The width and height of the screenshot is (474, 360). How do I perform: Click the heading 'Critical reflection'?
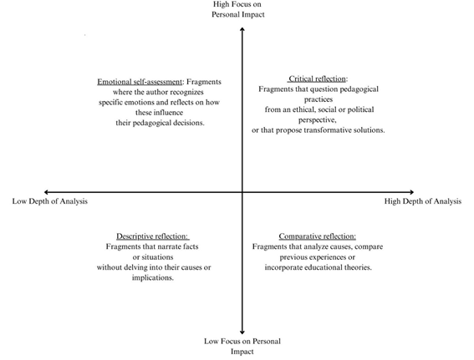(317, 79)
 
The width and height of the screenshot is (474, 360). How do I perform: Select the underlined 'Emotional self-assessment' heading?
(140, 82)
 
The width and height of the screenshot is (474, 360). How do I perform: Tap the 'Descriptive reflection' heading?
(152, 236)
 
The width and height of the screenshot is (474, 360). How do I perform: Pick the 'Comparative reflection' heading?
(317, 236)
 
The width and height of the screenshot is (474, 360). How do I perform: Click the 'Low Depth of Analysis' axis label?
(50, 201)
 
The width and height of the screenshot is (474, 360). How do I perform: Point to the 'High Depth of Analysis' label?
(423, 201)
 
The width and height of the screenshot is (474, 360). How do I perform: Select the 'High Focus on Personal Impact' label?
(238, 9)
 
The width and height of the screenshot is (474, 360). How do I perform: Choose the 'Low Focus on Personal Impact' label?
(242, 347)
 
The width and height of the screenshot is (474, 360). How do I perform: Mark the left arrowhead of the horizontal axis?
(45, 192)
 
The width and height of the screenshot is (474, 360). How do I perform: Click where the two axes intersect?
(242, 192)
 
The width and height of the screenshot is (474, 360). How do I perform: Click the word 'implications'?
(152, 278)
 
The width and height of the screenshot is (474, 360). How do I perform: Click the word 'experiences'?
(328, 257)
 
